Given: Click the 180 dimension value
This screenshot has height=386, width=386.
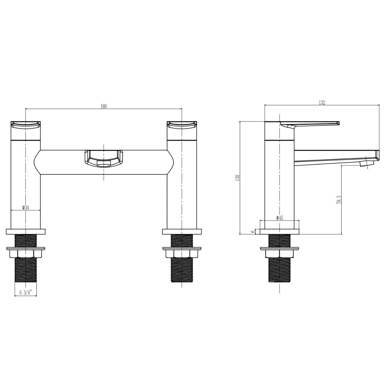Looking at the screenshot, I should tap(103, 106).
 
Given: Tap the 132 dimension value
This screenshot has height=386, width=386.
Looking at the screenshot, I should tap(322, 102).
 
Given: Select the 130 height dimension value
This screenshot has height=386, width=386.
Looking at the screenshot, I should tap(237, 178).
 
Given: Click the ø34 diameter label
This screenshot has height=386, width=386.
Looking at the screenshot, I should tap(26, 208).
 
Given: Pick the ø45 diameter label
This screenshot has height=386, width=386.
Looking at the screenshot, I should tap(280, 218).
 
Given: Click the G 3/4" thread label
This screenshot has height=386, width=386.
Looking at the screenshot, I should tap(26, 293).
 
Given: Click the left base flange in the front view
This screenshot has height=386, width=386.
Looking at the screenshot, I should tap(26, 231).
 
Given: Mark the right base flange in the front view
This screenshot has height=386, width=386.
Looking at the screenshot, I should tap(182, 231).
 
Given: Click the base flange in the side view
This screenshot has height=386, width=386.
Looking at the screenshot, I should tap(280, 231).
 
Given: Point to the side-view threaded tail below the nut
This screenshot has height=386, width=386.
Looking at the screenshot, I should tap(280, 270).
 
